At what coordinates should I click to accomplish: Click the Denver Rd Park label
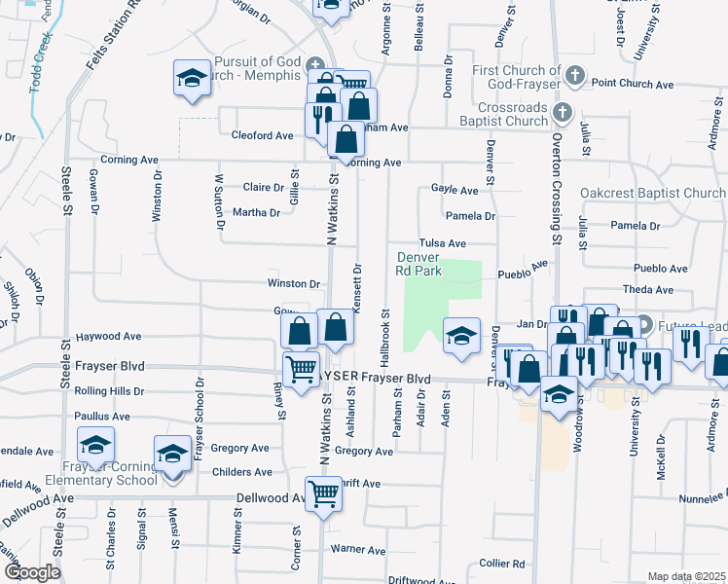419,265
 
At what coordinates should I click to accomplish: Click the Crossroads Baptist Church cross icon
561,114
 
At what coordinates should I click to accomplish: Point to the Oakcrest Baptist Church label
652,194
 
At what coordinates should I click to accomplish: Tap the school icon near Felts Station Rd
193,78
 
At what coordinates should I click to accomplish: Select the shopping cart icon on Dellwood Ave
322,493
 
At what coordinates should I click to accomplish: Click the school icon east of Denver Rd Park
462,336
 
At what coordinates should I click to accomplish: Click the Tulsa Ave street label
443,243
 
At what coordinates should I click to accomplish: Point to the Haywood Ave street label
108,337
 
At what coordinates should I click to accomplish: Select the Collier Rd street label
502,564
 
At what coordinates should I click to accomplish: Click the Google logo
31,571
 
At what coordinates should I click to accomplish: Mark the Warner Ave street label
360,550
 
